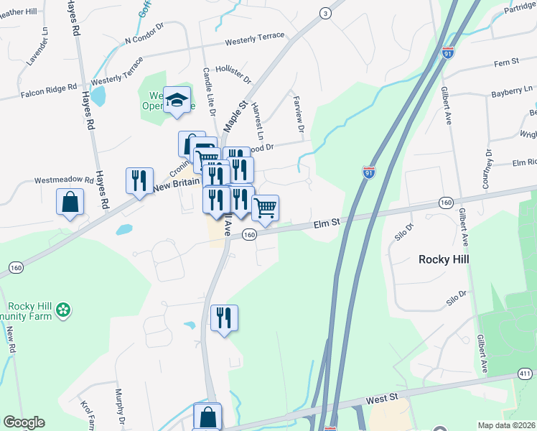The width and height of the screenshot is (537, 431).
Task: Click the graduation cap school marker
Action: tap(175, 101)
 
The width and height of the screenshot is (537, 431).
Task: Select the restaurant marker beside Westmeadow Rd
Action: tap(139, 181)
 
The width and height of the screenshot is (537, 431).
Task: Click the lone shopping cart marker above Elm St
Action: tap(266, 208)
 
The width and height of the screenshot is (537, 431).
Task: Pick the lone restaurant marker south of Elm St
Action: tap(224, 318)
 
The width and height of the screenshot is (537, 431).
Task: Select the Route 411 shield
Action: tap(526, 374)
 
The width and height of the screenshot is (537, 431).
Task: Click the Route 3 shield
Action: tap(326, 13)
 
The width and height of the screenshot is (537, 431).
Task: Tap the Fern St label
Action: tap(506, 63)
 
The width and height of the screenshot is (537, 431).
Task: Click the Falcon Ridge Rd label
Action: tap(48, 90)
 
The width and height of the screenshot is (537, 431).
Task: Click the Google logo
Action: tap(24, 422)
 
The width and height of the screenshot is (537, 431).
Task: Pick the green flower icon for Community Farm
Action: tap(64, 310)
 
